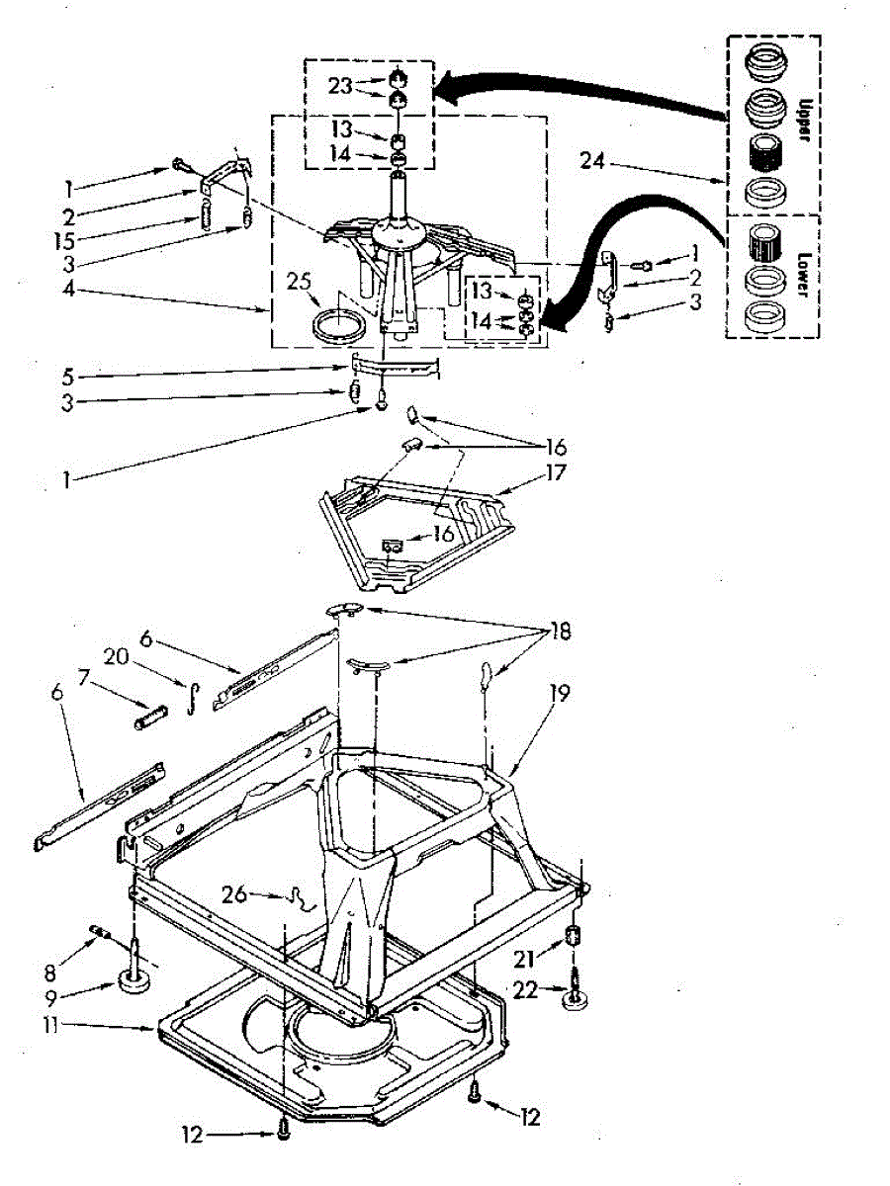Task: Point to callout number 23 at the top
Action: [341, 85]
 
